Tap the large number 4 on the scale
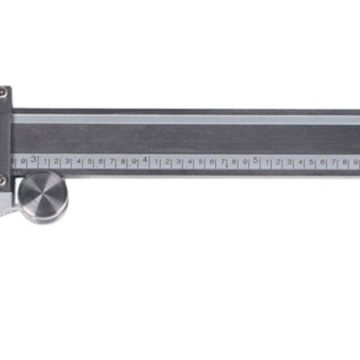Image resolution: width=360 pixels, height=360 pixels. [x=145, y=160]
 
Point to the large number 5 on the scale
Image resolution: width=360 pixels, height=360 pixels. [x=256, y=160]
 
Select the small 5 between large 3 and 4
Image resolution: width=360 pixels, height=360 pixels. [x=90, y=162]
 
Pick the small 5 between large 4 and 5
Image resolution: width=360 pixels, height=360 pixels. [x=201, y=162]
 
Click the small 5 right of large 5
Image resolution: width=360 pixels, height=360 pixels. [x=312, y=162]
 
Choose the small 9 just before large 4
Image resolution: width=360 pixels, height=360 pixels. [x=134, y=162]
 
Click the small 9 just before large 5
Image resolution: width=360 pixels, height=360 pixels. [x=245, y=162]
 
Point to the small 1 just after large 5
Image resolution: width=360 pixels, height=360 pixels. [x=267, y=162]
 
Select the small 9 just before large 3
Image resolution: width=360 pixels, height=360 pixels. [x=23, y=162]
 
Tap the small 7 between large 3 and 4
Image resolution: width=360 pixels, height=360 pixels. [x=112, y=162]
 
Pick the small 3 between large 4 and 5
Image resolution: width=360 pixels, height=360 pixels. [x=178, y=162]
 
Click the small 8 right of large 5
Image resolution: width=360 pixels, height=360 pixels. [x=345, y=162]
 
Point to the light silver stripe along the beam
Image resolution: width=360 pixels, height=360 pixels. [x=184, y=119]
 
